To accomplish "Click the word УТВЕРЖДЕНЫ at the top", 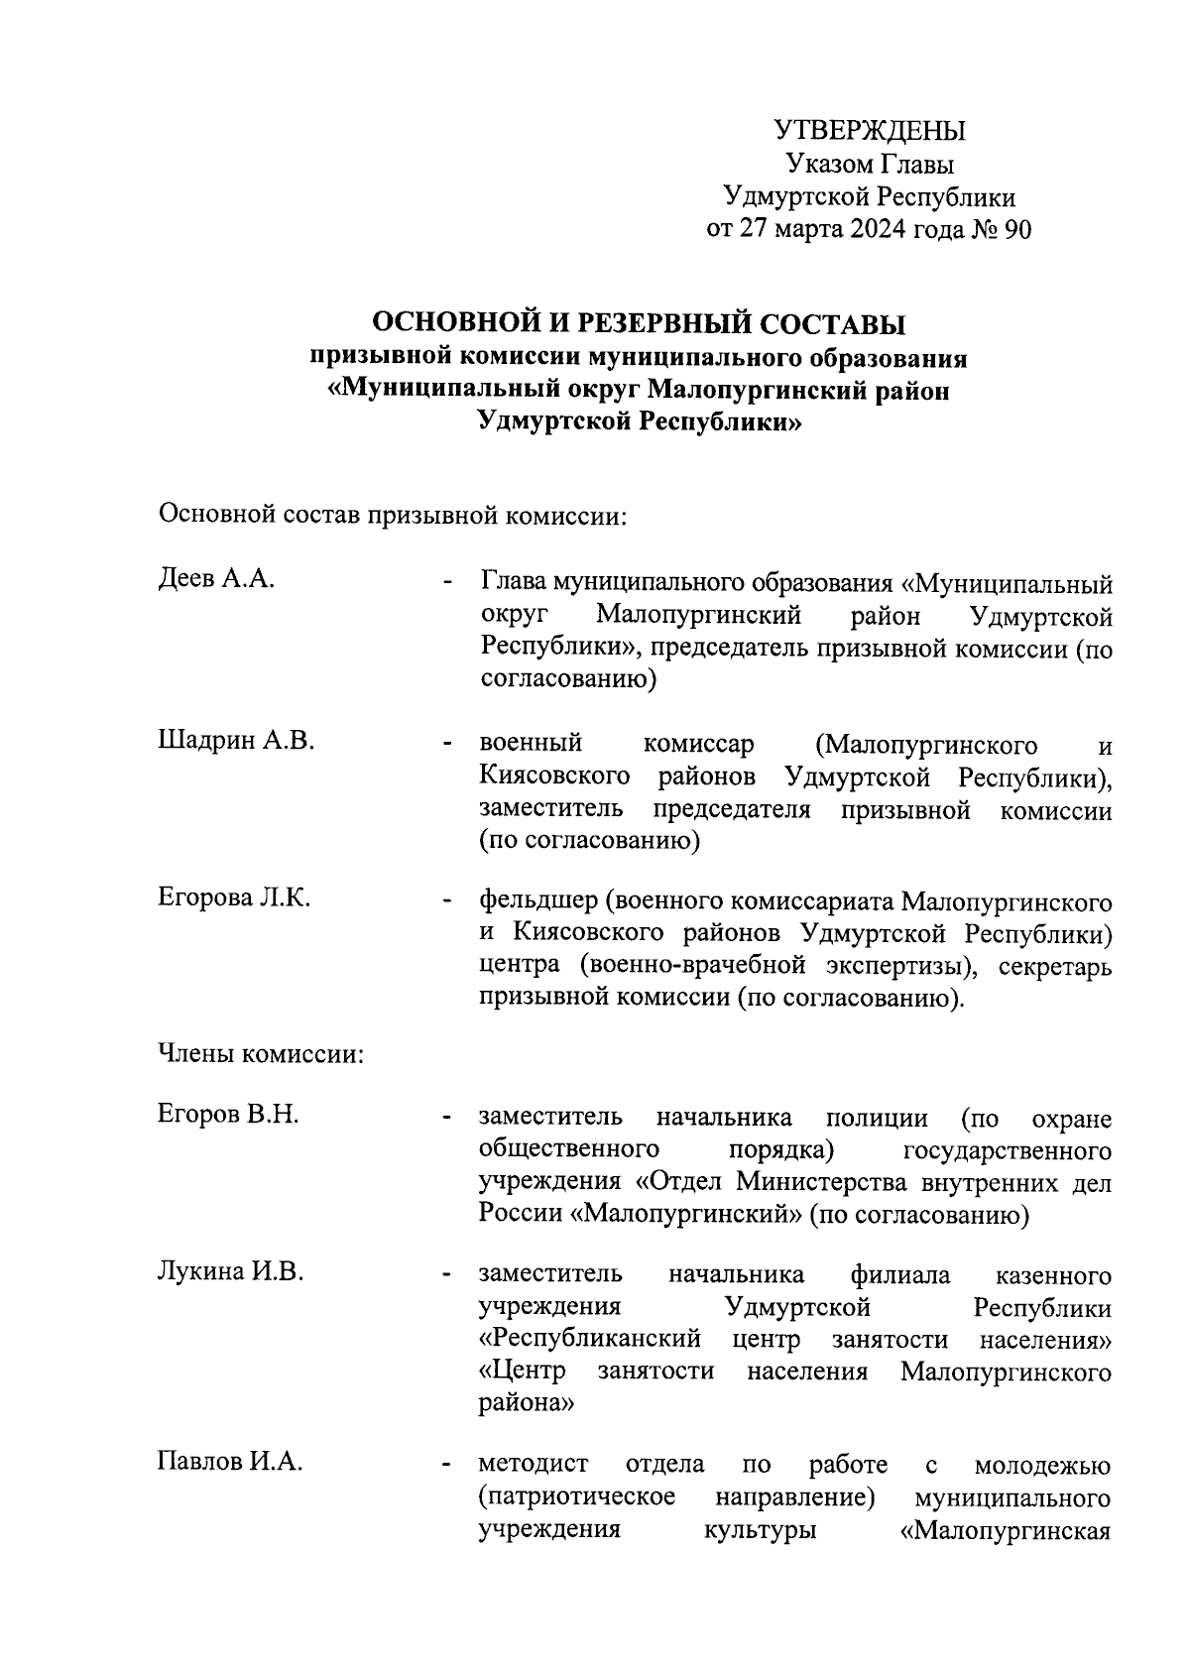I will point(869,131).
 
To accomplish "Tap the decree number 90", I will point(1018,229).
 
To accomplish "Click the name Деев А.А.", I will point(215,580).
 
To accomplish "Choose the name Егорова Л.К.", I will point(234,897).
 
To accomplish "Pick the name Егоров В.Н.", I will point(228,1115).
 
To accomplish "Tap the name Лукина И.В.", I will point(230,1272).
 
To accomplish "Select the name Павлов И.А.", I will point(229,1462).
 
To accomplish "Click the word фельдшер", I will point(536,901).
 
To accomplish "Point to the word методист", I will point(534,1464).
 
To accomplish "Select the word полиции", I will point(877,1118).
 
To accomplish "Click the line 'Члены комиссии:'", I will point(261,1054).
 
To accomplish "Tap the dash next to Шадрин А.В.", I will point(449,743).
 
